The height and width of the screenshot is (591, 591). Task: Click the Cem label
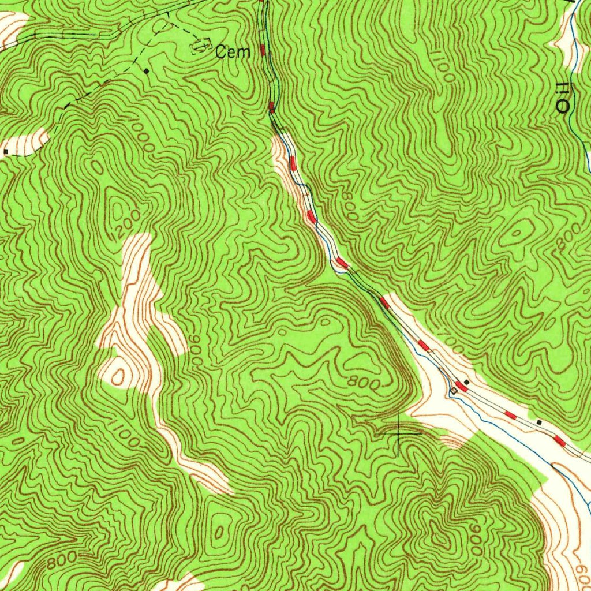pyautogui.click(x=233, y=53)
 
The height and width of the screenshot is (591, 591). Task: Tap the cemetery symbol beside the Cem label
pyautogui.click(x=200, y=44)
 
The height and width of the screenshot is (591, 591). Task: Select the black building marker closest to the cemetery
pyautogui.click(x=147, y=71)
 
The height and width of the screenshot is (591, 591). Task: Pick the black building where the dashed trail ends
pyautogui.click(x=6, y=151)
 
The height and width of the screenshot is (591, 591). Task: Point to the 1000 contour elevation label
pyautogui.click(x=141, y=136)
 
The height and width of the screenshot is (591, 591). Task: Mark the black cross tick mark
pyautogui.click(x=399, y=431)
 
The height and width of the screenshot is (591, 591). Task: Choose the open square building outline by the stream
pyautogui.click(x=453, y=391)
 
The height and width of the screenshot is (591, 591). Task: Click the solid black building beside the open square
pyautogui.click(x=467, y=381)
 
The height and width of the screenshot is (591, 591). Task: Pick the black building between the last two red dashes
pyautogui.click(x=539, y=422)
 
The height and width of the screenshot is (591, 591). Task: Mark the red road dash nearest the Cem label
pyautogui.click(x=263, y=50)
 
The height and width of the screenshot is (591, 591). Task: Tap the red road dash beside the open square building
pyautogui.click(x=461, y=386)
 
